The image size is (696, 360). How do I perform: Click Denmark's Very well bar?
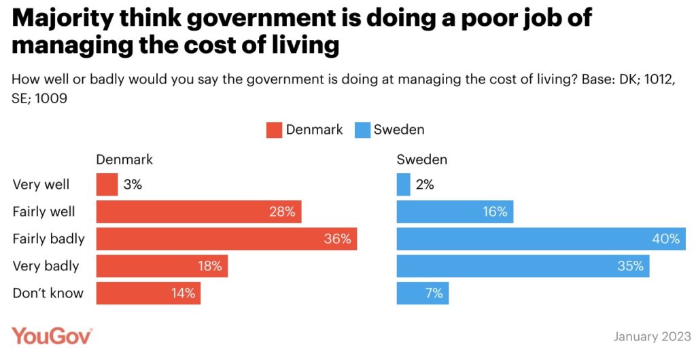coord(107,185)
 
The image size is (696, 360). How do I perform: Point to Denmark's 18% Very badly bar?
coord(162,266)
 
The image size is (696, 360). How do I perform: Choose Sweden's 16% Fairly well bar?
coord(455,212)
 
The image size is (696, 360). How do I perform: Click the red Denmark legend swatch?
coord(274,130)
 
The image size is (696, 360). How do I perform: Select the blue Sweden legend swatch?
coord(362,130)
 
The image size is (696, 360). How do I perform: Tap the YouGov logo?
coord(52,336)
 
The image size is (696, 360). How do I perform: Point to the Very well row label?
coord(41,184)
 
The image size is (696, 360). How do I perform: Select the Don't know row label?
coord(48,293)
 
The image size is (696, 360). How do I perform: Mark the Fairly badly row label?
coord(49,239)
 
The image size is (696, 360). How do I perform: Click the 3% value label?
coord(133,185)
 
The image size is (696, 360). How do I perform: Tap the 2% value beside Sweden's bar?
coord(425,185)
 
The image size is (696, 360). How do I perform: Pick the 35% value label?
coord(630,266)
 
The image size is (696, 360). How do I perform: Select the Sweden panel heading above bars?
coord(422,160)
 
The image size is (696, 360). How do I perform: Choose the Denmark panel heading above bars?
coord(124,160)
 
